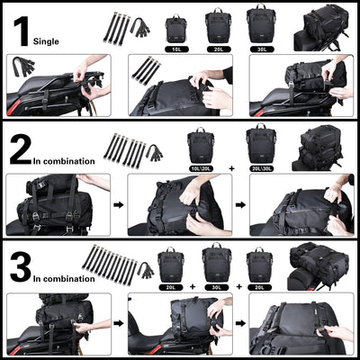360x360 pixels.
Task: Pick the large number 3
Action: click(21, 267)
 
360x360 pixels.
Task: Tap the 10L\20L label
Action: click(202, 167)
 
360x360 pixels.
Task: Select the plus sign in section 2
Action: click(230, 167)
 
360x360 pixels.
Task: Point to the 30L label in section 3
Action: click(216, 287)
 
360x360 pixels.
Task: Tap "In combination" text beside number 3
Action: click(65, 280)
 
